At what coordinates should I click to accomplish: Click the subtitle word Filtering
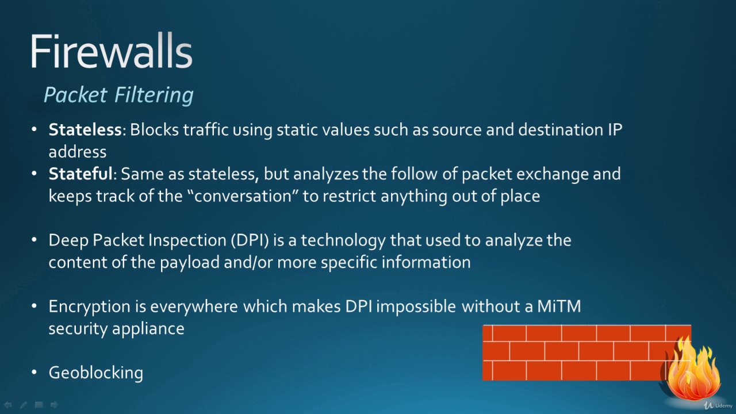click(154, 95)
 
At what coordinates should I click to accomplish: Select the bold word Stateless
click(86, 129)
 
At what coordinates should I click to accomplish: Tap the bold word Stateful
click(80, 174)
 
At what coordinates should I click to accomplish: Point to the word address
click(78, 152)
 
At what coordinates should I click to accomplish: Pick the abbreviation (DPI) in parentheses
click(250, 240)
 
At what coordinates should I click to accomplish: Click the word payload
click(190, 263)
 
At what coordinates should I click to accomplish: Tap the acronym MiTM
click(559, 306)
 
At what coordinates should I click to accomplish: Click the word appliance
click(148, 329)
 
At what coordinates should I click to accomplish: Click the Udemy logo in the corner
click(718, 405)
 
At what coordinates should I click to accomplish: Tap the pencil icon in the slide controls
click(24, 405)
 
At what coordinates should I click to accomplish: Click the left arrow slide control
click(8, 405)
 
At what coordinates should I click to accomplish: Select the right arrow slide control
click(54, 405)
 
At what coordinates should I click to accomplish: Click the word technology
click(343, 240)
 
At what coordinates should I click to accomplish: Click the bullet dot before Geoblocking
click(34, 372)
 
